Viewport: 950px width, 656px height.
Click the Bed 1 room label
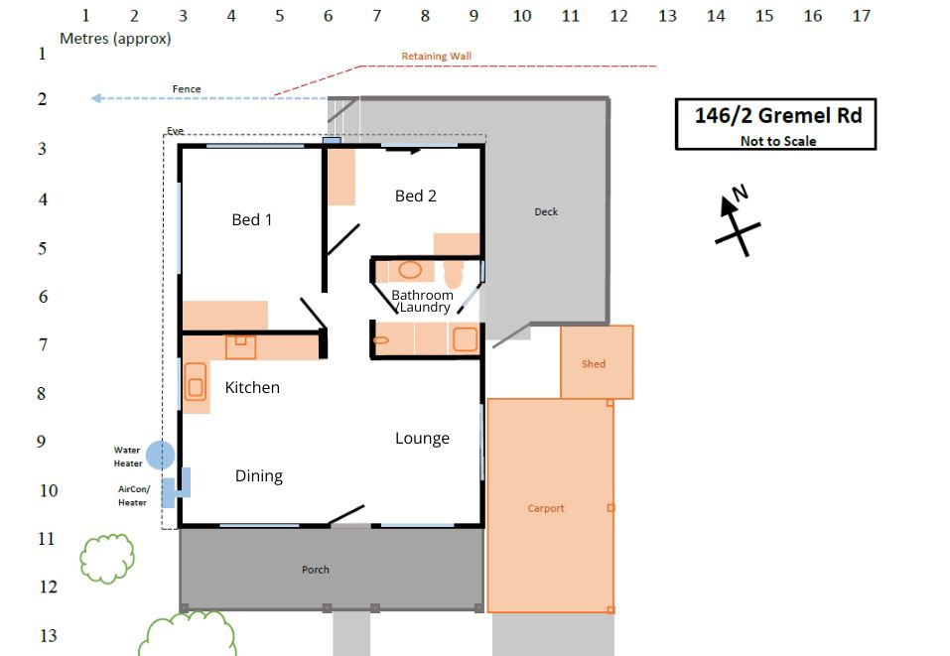tap(252, 219)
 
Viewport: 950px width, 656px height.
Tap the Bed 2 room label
tap(416, 196)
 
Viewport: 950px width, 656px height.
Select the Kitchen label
tap(252, 387)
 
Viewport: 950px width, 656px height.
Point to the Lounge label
tap(422, 438)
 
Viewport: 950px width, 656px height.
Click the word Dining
tap(259, 476)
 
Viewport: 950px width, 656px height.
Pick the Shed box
tap(597, 362)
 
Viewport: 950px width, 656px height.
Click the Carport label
tap(546, 508)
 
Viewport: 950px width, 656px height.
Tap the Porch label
tap(316, 570)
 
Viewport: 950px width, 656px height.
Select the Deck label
tap(546, 211)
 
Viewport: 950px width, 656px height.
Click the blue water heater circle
tap(160, 455)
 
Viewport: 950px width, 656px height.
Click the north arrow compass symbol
tap(736, 220)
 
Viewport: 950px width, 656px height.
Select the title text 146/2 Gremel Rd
tap(778, 115)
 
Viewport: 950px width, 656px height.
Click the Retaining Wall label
tap(436, 56)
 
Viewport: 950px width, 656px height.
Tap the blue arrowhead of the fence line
tap(96, 98)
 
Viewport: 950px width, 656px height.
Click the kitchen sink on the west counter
tap(196, 381)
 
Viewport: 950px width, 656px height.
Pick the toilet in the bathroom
tap(454, 274)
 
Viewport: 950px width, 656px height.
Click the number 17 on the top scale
tap(861, 16)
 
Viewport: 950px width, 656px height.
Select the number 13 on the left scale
tap(48, 635)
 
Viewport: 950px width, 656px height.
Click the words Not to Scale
tap(778, 141)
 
